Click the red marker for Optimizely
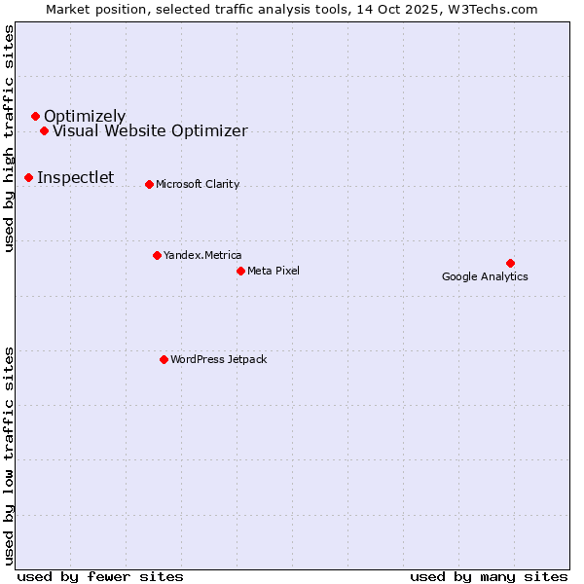pyautogui.click(x=35, y=117)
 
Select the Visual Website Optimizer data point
pyautogui.click(x=44, y=130)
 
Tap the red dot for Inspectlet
pyautogui.click(x=28, y=177)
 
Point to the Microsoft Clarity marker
pyautogui.click(x=149, y=184)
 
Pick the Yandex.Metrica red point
pyautogui.click(x=157, y=255)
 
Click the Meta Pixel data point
pyautogui.click(x=240, y=271)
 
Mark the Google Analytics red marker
pyautogui.click(x=510, y=263)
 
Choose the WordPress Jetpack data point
pyautogui.click(x=164, y=359)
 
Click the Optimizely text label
pyautogui.click(x=85, y=117)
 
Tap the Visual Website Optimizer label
pyautogui.click(x=150, y=131)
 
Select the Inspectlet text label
pyautogui.click(x=76, y=177)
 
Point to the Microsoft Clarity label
pyautogui.click(x=198, y=184)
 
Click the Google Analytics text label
pyautogui.click(x=485, y=276)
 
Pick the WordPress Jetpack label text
pyautogui.click(x=218, y=359)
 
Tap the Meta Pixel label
pyautogui.click(x=274, y=271)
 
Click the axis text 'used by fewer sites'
pyautogui.click(x=100, y=576)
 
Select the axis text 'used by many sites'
pyautogui.click(x=489, y=576)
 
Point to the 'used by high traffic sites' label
pyautogui.click(x=9, y=138)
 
